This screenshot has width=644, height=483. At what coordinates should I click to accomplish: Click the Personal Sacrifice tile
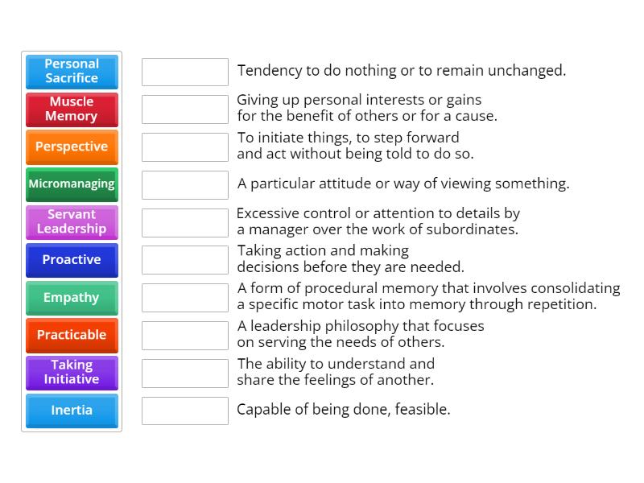pyautogui.click(x=72, y=71)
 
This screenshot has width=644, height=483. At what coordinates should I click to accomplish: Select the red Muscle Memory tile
pyautogui.click(x=72, y=109)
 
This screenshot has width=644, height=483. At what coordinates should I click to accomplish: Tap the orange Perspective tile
pyautogui.click(x=72, y=147)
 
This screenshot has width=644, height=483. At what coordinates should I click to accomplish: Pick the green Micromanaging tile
pyautogui.click(x=72, y=184)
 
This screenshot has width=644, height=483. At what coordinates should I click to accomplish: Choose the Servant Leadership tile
pyautogui.click(x=72, y=222)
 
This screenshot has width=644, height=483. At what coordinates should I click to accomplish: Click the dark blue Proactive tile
pyautogui.click(x=72, y=260)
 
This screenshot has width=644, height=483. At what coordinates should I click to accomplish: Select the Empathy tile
pyautogui.click(x=72, y=298)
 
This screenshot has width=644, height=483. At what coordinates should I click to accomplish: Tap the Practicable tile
pyautogui.click(x=72, y=335)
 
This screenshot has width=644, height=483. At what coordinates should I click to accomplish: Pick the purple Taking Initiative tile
pyautogui.click(x=72, y=373)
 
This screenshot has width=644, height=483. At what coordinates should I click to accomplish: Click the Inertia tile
pyautogui.click(x=72, y=411)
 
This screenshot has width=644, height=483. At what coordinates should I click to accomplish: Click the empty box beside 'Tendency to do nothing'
pyautogui.click(x=185, y=72)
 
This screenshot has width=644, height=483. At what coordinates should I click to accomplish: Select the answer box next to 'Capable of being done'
pyautogui.click(x=185, y=411)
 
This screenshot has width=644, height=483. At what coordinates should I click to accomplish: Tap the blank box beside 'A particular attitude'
pyautogui.click(x=185, y=184)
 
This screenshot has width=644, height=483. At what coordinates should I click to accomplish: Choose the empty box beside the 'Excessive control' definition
pyautogui.click(x=185, y=222)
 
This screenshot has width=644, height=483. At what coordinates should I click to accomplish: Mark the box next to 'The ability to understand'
pyautogui.click(x=185, y=373)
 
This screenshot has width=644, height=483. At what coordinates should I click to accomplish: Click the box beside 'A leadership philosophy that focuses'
pyautogui.click(x=185, y=335)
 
